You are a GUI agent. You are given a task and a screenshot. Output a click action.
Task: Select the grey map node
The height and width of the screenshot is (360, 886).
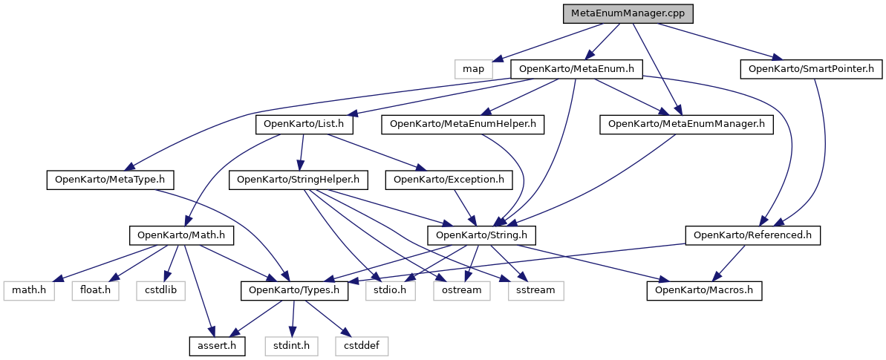click(x=473, y=69)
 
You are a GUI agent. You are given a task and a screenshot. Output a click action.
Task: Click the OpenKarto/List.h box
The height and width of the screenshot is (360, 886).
click(x=304, y=124)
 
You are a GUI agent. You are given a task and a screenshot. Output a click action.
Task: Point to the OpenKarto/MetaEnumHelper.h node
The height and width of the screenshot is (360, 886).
click(x=463, y=124)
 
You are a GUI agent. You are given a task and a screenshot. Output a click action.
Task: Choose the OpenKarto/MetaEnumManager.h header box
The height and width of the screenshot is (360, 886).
click(x=686, y=124)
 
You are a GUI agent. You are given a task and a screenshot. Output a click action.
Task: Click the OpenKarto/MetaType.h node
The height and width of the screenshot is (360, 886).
click(x=110, y=179)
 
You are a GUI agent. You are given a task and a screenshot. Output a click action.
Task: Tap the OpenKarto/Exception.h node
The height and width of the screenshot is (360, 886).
click(x=449, y=179)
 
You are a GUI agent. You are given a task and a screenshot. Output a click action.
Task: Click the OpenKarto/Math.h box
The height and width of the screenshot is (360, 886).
click(x=181, y=235)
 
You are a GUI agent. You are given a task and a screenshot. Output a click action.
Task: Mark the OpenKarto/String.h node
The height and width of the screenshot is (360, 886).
click(x=481, y=235)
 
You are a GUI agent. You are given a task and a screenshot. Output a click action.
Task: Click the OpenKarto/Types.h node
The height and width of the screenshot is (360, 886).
click(x=295, y=289)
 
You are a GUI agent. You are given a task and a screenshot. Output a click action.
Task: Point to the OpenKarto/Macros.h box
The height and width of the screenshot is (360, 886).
click(x=705, y=289)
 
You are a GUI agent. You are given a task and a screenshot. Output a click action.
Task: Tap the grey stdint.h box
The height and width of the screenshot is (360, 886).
click(x=292, y=345)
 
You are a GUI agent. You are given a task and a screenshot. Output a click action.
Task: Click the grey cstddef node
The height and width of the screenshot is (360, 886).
click(x=361, y=345)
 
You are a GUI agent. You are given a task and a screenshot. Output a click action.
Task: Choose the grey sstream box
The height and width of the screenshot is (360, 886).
click(x=532, y=289)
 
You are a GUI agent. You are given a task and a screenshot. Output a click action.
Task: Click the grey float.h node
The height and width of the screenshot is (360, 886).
click(x=94, y=289)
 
